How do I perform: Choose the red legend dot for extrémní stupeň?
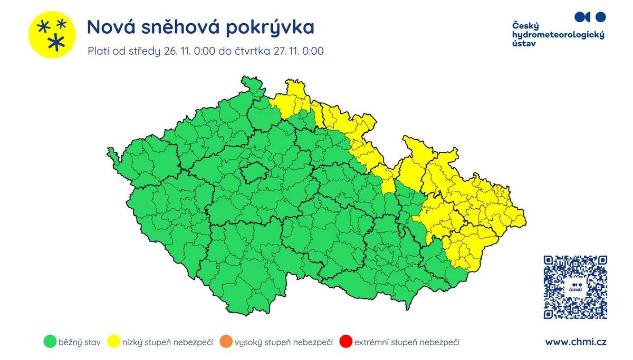point(346,342)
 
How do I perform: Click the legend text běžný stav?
point(80,343)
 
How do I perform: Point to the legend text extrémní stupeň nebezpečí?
point(407,343)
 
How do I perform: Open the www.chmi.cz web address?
point(576,342)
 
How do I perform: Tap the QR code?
point(575,287)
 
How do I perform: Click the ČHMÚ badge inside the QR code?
point(575,288)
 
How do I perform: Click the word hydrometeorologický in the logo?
point(558,35)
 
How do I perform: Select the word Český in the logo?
point(525,25)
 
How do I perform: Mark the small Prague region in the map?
point(253,172)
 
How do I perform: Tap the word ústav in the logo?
point(524,44)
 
